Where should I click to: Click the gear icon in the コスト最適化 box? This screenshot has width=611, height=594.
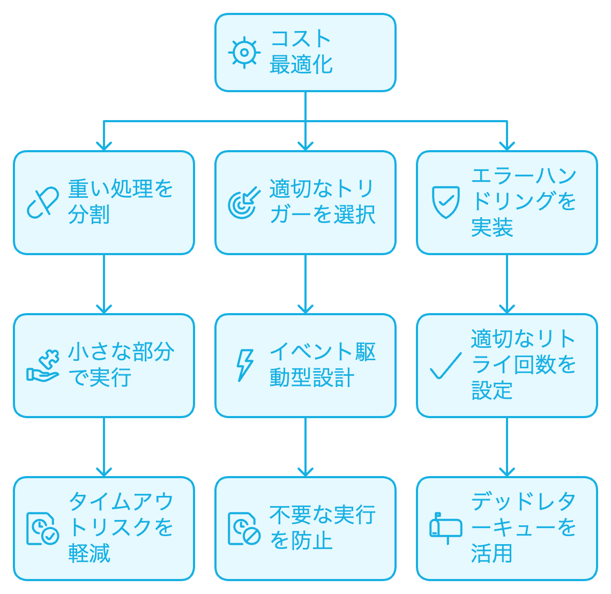click(x=244, y=53)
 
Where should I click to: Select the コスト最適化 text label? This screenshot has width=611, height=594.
click(x=301, y=52)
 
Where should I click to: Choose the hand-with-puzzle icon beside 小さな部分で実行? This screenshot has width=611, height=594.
click(x=43, y=366)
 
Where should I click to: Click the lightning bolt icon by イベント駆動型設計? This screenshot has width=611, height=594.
click(x=245, y=366)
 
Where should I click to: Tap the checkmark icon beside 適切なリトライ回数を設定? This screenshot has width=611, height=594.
click(x=445, y=366)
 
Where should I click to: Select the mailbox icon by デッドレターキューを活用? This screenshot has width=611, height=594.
click(x=446, y=528)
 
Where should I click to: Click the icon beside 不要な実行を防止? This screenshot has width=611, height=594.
click(x=244, y=529)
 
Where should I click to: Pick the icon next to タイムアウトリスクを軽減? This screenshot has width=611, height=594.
click(x=43, y=529)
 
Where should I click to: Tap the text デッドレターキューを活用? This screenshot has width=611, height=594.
click(x=524, y=528)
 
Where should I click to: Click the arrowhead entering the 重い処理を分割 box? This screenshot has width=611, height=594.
click(x=104, y=146)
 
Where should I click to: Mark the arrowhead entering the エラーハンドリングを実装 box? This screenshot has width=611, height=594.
click(x=507, y=146)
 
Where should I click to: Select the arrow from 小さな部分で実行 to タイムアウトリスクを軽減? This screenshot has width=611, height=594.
click(x=104, y=446)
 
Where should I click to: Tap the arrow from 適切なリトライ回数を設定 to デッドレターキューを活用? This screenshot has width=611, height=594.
click(x=507, y=446)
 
